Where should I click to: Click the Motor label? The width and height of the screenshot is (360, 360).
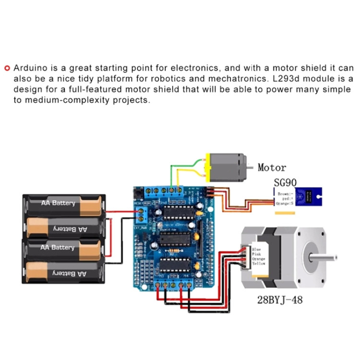click(x=272, y=168)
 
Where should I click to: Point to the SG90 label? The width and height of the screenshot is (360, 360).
click(x=285, y=182)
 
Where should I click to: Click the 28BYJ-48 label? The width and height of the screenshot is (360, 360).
click(x=279, y=300)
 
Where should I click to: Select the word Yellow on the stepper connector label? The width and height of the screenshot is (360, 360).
click(x=259, y=264)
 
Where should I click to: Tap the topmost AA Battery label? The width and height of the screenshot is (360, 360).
click(x=58, y=203)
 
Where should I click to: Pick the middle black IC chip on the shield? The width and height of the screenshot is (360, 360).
click(x=172, y=238)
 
